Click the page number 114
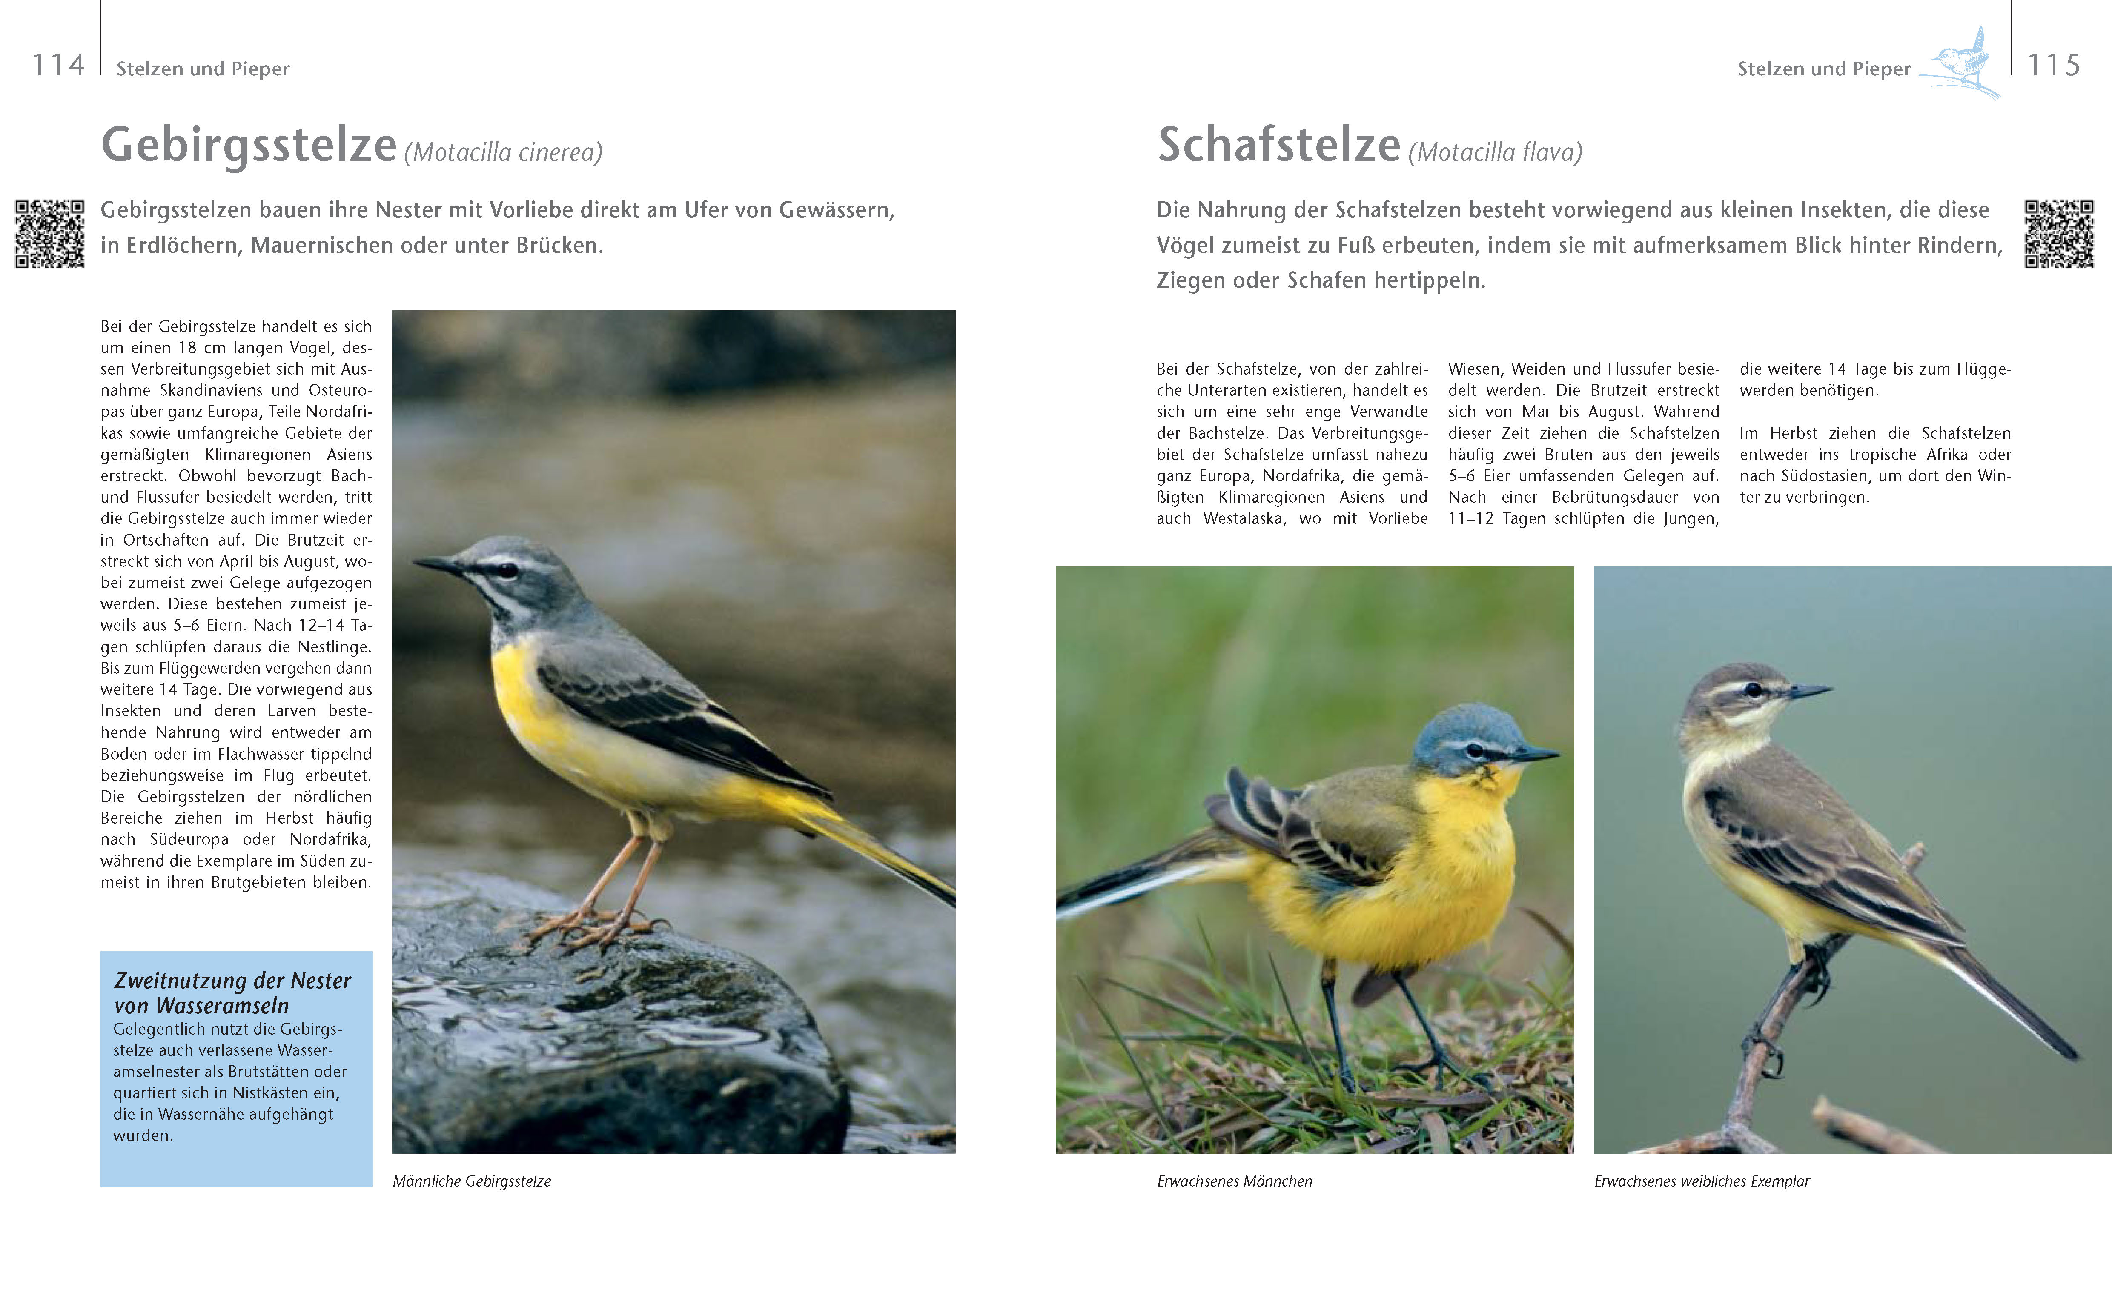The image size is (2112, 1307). pyautogui.click(x=58, y=66)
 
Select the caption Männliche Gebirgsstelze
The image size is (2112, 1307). pyautogui.click(x=471, y=1181)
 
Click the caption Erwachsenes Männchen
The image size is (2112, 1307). pyautogui.click(x=1234, y=1181)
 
